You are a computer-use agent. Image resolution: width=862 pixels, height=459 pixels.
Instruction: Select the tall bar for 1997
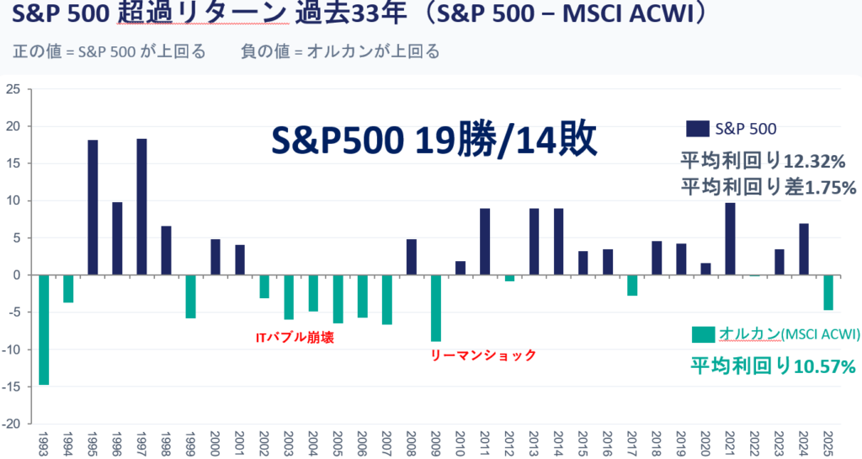tap(141, 206)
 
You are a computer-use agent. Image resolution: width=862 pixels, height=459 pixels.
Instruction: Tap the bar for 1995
tap(93, 207)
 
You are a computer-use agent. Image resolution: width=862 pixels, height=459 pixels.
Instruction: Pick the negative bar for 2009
tap(436, 307)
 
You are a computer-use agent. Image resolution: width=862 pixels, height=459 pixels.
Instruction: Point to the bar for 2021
tap(730, 238)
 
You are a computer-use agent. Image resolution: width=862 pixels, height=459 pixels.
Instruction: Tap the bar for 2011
tap(485, 242)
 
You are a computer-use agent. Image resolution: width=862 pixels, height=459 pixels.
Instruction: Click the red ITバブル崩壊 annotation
tap(290, 338)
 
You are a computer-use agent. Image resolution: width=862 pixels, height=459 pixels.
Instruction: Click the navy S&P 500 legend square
tap(696, 128)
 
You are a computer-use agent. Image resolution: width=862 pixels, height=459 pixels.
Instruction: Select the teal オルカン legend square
tap(702, 334)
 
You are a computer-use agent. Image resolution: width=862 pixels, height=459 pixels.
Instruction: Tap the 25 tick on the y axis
tap(15, 89)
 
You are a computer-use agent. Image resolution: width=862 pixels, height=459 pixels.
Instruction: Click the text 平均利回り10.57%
tap(774, 366)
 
